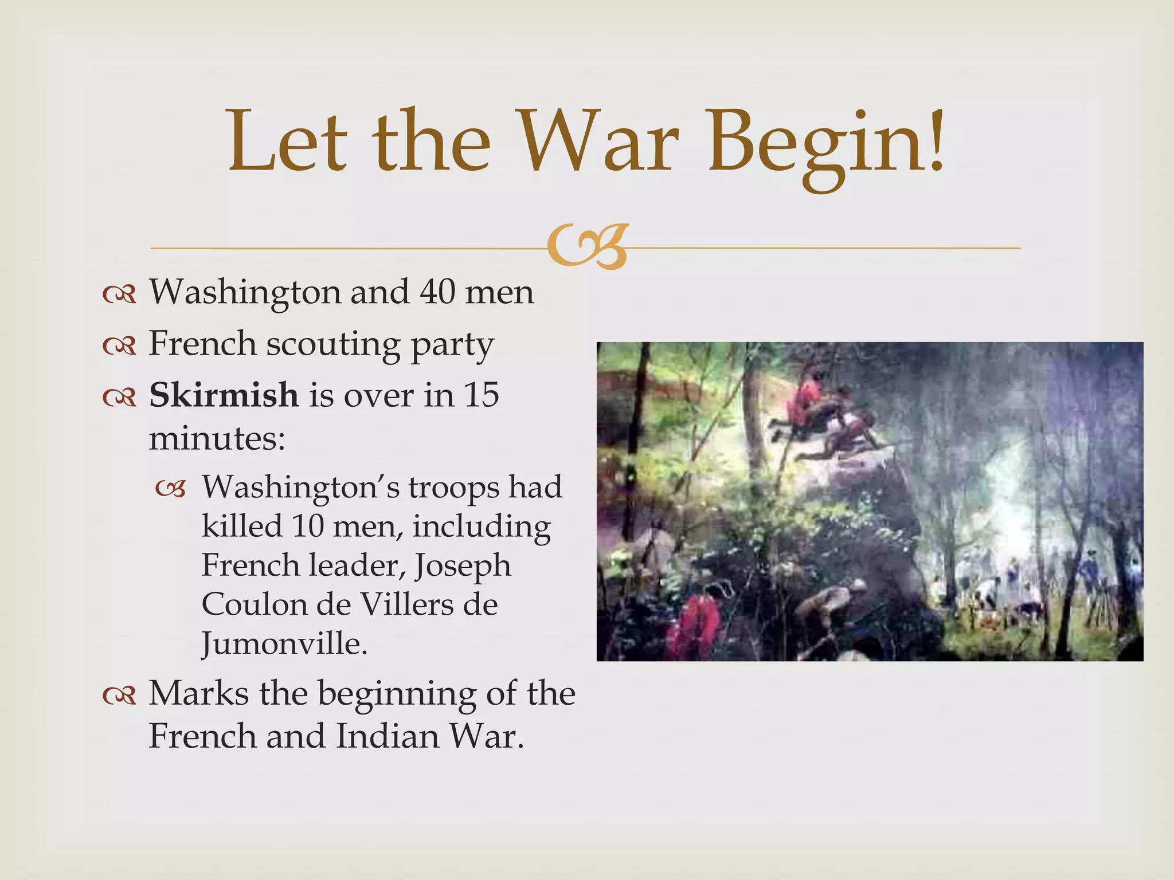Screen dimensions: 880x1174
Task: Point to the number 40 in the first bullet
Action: (437, 292)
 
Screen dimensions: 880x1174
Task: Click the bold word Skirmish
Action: (224, 395)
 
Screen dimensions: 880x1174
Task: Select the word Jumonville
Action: (284, 643)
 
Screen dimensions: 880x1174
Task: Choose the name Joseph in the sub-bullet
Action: (463, 565)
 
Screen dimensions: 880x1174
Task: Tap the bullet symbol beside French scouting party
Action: (119, 345)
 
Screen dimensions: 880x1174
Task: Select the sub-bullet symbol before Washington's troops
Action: (171, 489)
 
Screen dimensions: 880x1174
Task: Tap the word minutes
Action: (217, 439)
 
